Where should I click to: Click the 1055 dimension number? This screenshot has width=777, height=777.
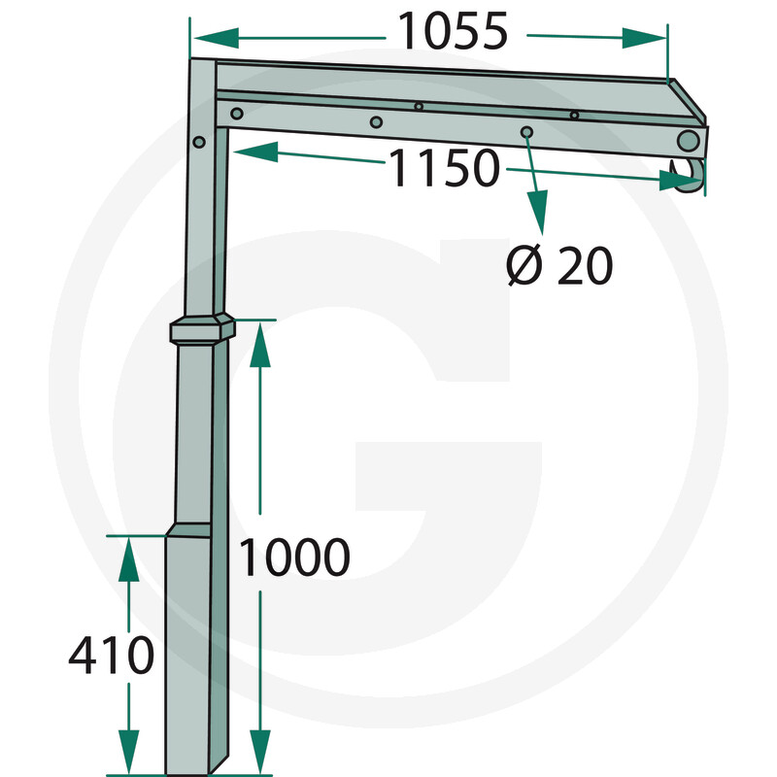coord(454,31)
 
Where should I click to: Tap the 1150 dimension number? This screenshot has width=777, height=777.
coord(445,167)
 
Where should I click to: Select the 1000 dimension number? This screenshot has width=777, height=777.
coord(294,557)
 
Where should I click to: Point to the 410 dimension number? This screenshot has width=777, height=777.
coord(112,655)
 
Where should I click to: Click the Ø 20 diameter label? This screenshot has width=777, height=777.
coord(559,265)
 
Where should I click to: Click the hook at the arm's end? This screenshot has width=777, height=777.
coord(688,175)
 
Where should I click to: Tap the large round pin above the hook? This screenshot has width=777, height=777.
coord(689,141)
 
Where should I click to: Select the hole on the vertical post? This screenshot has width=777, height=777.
coord(199,142)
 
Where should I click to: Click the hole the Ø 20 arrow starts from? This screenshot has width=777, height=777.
coord(526,132)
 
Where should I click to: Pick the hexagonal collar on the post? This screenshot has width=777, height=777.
coord(202,329)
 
